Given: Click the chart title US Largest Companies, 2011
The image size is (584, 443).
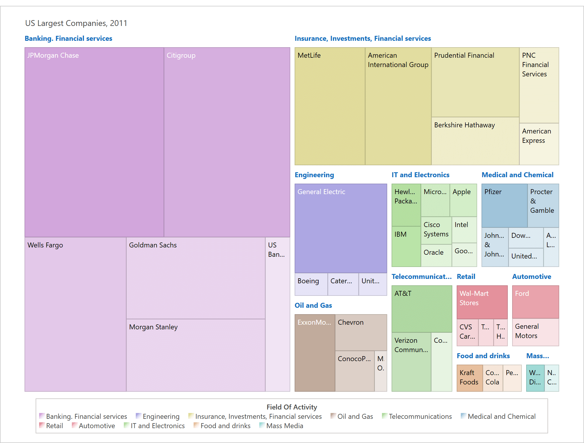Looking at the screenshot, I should (x=76, y=23).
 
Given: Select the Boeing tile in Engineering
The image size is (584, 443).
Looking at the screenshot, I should (x=311, y=284).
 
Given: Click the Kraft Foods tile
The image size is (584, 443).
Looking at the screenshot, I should (x=469, y=378).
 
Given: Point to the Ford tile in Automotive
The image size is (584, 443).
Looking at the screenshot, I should (x=535, y=302).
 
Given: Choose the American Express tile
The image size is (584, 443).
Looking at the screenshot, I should (x=539, y=144).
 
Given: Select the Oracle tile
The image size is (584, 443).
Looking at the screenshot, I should (x=436, y=255).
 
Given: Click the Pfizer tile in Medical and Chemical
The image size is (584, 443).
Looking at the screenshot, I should (x=504, y=205).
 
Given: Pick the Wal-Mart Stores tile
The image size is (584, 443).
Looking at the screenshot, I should (x=482, y=302).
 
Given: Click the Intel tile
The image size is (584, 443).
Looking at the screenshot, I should (x=464, y=230).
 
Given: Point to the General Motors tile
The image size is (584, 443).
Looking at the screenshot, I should (x=535, y=332).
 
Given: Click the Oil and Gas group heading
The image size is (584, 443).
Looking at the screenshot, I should (x=313, y=305).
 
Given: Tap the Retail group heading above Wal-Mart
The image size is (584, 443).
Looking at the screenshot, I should (x=466, y=277).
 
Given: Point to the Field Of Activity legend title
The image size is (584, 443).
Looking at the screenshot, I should (x=291, y=407).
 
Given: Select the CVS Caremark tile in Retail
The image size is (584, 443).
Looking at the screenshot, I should (x=467, y=332).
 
